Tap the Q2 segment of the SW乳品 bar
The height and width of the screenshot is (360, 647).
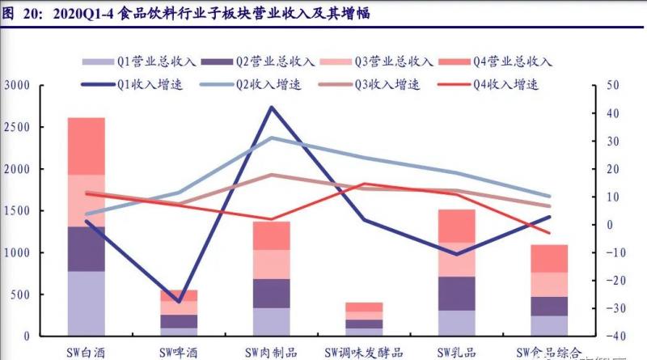457,294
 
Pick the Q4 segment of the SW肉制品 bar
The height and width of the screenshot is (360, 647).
271,235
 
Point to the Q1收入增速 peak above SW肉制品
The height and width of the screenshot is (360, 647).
272,107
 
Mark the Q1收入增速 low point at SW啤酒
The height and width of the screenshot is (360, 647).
179,302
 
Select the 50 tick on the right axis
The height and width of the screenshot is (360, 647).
611,86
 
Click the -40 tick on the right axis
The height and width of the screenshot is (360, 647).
611,336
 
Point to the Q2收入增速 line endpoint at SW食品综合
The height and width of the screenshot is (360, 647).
549,197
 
